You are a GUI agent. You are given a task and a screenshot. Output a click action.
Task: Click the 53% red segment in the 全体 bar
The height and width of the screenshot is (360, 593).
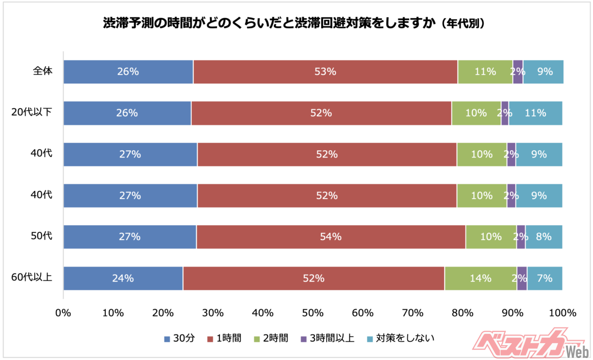pos(325,72)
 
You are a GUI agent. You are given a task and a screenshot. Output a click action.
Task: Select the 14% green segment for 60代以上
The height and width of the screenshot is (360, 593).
pos(480,278)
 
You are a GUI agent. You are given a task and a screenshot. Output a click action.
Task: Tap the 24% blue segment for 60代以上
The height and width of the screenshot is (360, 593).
pos(123,278)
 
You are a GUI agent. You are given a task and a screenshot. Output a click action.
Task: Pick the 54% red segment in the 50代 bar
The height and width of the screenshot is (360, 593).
pos(331,237)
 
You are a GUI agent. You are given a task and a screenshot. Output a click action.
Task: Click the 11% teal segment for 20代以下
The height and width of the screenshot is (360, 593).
pos(535,113)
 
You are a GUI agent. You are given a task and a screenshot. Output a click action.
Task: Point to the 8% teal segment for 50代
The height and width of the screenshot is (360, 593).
pos(544,237)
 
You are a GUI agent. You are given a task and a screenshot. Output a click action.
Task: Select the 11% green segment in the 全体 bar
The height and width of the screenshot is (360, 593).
pos(485,72)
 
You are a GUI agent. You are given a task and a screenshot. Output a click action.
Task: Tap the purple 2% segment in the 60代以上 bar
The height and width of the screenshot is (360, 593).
pos(522,278)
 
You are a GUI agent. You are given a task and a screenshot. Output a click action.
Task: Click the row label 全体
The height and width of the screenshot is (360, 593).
pos(42,71)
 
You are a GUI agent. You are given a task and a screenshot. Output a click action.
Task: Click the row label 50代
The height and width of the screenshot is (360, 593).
pos(42,236)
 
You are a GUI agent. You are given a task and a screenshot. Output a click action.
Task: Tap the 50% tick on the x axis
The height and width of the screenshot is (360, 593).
pos(313,312)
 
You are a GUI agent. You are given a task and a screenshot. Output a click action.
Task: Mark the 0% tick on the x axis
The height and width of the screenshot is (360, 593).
pos(63,312)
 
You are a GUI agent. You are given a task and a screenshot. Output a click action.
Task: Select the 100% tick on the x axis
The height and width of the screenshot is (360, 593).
pos(562,312)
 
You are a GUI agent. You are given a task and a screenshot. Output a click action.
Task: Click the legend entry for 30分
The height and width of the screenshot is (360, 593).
pos(180,338)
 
